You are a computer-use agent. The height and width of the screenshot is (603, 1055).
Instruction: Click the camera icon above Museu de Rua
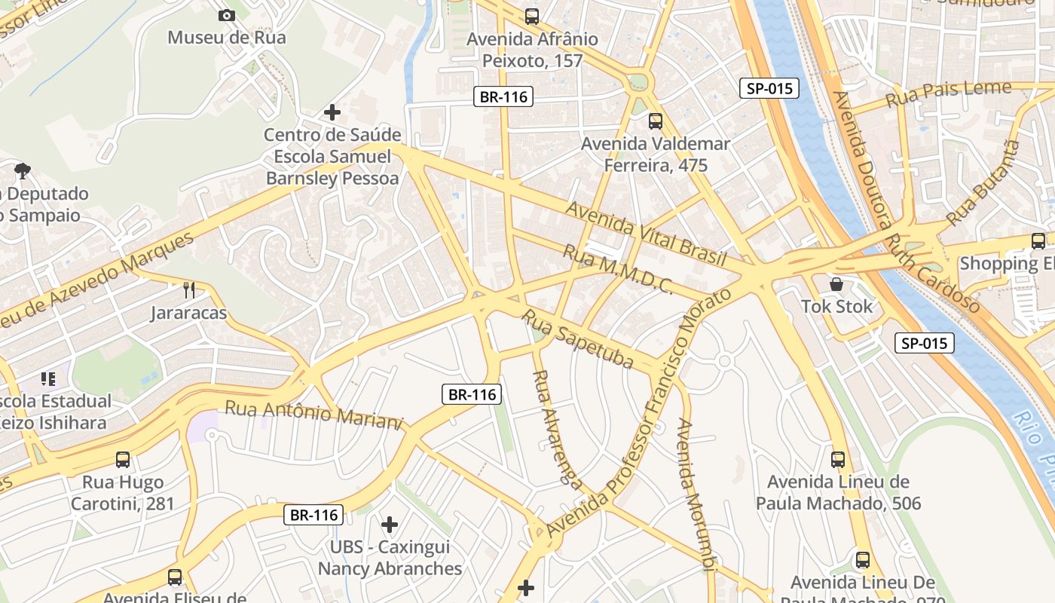pyautogui.click(x=226, y=15)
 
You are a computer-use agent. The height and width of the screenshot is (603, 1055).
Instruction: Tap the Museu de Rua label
pyautogui.click(x=226, y=37)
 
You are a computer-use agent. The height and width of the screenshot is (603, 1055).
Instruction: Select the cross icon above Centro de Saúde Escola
pyautogui.click(x=332, y=112)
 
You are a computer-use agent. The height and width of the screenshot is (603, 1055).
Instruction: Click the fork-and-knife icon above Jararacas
pyautogui.click(x=189, y=289)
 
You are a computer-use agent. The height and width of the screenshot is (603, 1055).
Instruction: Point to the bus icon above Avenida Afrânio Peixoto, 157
pyautogui.click(x=532, y=16)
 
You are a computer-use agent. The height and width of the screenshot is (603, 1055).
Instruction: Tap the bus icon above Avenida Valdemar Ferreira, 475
pyautogui.click(x=656, y=121)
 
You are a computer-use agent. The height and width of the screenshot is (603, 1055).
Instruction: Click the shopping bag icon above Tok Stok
pyautogui.click(x=836, y=284)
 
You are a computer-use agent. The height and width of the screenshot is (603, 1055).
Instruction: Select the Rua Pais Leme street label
pyautogui.click(x=948, y=93)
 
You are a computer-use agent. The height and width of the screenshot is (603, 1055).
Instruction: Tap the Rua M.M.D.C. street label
pyautogui.click(x=617, y=268)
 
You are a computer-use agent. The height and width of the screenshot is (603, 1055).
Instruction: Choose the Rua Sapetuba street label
pyautogui.click(x=577, y=339)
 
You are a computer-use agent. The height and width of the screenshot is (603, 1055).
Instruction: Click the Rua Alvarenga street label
pyautogui.click(x=552, y=426)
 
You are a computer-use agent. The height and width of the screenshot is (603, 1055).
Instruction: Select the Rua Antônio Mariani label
pyautogui.click(x=314, y=415)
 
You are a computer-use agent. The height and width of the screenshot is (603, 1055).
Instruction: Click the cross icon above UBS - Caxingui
pyautogui.click(x=390, y=524)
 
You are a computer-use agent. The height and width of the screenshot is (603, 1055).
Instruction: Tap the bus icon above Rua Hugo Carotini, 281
pyautogui.click(x=123, y=459)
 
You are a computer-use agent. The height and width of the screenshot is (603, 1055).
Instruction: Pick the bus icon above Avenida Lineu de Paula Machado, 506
pyautogui.click(x=838, y=459)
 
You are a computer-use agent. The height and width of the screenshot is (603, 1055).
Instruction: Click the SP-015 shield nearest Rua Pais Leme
pyautogui.click(x=769, y=88)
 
